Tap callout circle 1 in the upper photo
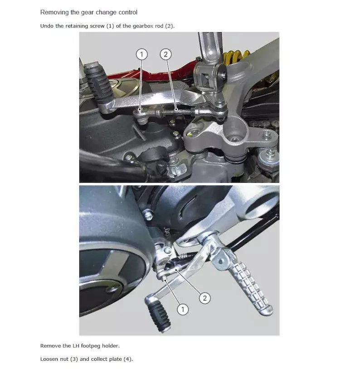tap(142, 54)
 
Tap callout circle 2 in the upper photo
tap(166, 54)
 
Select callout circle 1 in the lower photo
tap(183, 309)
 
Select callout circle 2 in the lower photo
tap(205, 298)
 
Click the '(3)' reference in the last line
tap(74, 359)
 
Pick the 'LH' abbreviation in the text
tap(76, 346)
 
